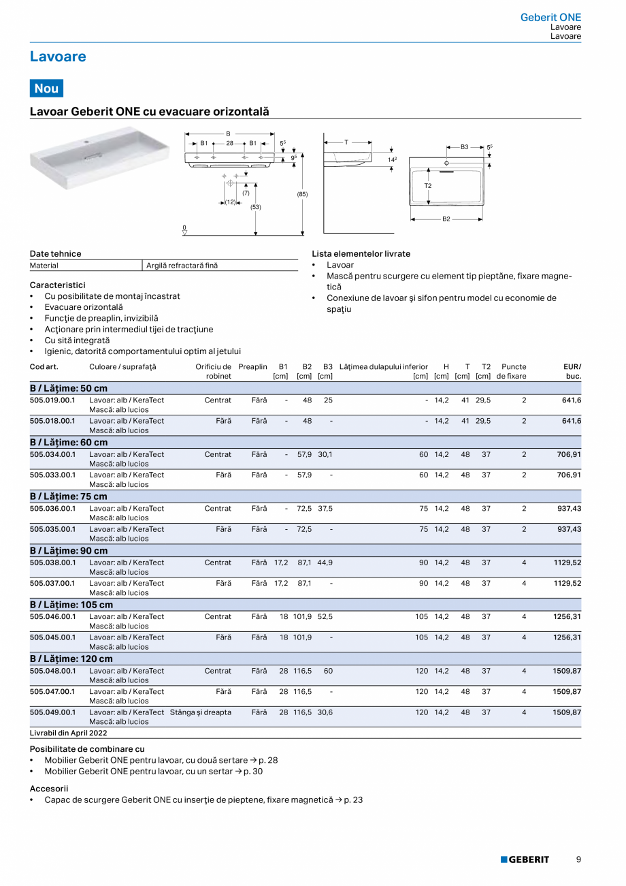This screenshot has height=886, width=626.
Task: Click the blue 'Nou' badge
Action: tap(46, 88)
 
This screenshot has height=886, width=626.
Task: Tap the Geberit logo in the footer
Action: tap(525, 859)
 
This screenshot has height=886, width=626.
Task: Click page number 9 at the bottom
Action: tap(578, 859)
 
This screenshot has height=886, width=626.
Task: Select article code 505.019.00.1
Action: tap(52, 400)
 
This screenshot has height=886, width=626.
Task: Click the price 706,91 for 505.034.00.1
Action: tap(567, 454)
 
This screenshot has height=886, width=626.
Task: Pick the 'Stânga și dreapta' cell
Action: tap(201, 712)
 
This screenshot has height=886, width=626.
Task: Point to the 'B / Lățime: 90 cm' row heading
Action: tap(69, 550)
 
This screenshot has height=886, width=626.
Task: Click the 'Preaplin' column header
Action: tap(252, 367)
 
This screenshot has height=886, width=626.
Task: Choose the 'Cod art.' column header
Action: tap(44, 367)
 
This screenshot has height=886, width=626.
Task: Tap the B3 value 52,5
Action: tap(325, 617)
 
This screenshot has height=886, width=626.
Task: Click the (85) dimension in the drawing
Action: tap(302, 194)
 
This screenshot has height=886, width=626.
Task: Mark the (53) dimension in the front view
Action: tap(256, 206)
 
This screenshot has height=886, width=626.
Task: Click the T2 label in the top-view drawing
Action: tap(428, 185)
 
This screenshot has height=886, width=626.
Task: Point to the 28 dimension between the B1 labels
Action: tap(230, 144)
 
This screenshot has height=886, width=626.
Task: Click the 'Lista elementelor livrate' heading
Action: tap(361, 254)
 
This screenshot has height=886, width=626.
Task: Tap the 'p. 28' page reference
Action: tap(268, 760)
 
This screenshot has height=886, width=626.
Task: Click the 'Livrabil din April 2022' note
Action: tap(69, 733)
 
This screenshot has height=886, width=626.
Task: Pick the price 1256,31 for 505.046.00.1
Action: tap(567, 617)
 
